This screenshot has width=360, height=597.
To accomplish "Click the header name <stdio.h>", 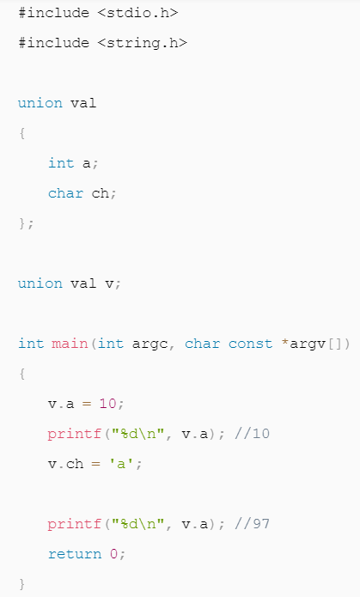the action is [x=137, y=13].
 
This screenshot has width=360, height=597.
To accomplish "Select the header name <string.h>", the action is [x=142, y=43].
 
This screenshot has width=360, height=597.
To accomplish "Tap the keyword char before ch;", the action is [x=65, y=193].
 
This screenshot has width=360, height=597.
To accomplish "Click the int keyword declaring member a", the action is [x=61, y=163].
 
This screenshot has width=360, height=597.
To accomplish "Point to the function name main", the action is [x=70, y=344].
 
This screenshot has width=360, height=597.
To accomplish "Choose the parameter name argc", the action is [x=149, y=344].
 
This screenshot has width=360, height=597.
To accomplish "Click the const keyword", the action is [x=250, y=344].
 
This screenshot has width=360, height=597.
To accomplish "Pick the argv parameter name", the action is [x=308, y=344].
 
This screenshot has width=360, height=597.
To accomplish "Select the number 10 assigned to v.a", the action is [x=107, y=403].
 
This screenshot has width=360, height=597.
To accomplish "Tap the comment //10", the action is [x=252, y=433].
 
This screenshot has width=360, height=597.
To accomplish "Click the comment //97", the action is [x=252, y=523].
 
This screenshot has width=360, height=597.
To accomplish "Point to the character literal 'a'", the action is [x=121, y=463].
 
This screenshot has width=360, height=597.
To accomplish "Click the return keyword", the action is [x=75, y=553].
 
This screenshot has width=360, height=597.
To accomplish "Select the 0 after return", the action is [x=113, y=553].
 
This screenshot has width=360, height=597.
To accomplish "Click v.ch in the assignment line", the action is [x=65, y=463].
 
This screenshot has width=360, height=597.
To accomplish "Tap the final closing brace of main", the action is [x=22, y=583].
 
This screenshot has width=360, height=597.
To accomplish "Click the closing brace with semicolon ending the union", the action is [x=27, y=223].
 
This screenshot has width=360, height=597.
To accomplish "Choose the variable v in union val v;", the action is [x=109, y=283].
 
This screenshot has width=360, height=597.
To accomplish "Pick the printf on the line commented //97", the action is [x=75, y=524].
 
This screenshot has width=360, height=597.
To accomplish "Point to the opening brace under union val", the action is [x=22, y=133].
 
